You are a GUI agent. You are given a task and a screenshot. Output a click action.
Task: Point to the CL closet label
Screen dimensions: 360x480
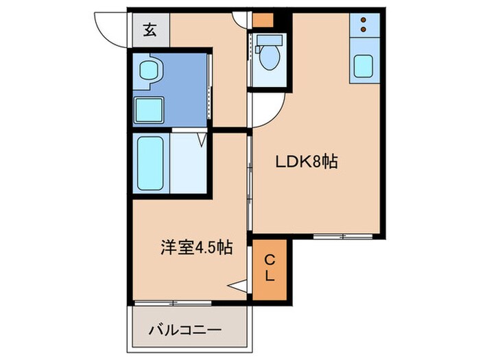click(271, 269)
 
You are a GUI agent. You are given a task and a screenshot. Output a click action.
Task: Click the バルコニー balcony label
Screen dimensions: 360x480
click(185, 330)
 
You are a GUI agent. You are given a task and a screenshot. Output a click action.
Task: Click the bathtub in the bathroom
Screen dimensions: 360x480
click(150, 163)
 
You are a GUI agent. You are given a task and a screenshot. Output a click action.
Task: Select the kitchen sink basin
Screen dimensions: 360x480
click(364, 67)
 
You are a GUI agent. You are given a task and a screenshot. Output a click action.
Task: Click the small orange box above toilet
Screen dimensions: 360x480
click(262, 21)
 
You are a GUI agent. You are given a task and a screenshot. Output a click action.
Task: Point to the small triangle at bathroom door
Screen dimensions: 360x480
click(202, 140)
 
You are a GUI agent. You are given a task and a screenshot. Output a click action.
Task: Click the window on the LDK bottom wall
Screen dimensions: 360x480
click(344, 236)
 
